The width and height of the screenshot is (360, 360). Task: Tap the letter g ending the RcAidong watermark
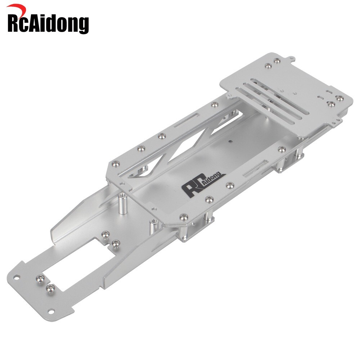point(82,26)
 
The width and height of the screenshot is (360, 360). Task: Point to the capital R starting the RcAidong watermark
point(15,23)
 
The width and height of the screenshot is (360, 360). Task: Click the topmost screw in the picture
point(276,60)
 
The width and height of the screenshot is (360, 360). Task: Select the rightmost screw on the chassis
point(339,98)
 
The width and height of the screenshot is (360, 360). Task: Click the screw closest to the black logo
point(228,186)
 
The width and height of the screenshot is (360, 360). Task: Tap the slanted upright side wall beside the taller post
point(83,216)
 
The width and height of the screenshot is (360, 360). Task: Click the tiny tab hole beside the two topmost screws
point(293,58)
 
